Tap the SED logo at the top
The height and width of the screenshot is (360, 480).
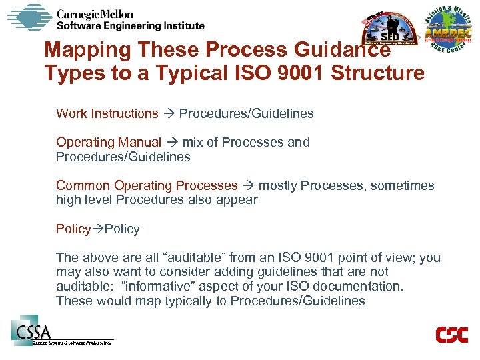click(x=388, y=33)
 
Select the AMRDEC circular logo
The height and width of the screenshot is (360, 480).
click(x=448, y=33)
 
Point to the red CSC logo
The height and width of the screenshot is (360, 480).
click(x=451, y=334)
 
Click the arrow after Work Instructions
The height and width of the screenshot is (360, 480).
click(x=169, y=114)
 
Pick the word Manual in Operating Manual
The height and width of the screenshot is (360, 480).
click(x=139, y=142)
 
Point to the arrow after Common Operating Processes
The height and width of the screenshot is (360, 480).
click(x=248, y=186)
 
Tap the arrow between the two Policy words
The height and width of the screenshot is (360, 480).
click(x=97, y=229)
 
